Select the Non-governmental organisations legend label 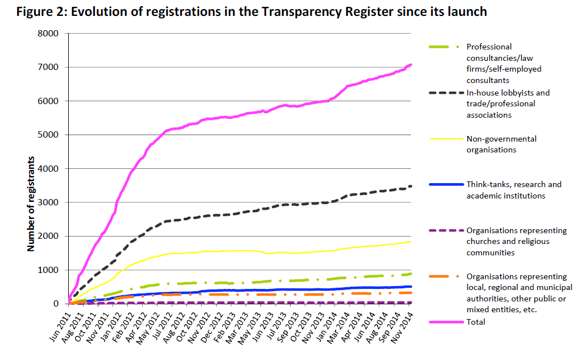click(501, 144)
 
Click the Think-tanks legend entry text click(513, 190)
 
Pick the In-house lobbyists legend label click(508, 104)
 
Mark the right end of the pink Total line click(412, 64)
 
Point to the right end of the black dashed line click(412, 186)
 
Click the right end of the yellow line click(412, 242)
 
